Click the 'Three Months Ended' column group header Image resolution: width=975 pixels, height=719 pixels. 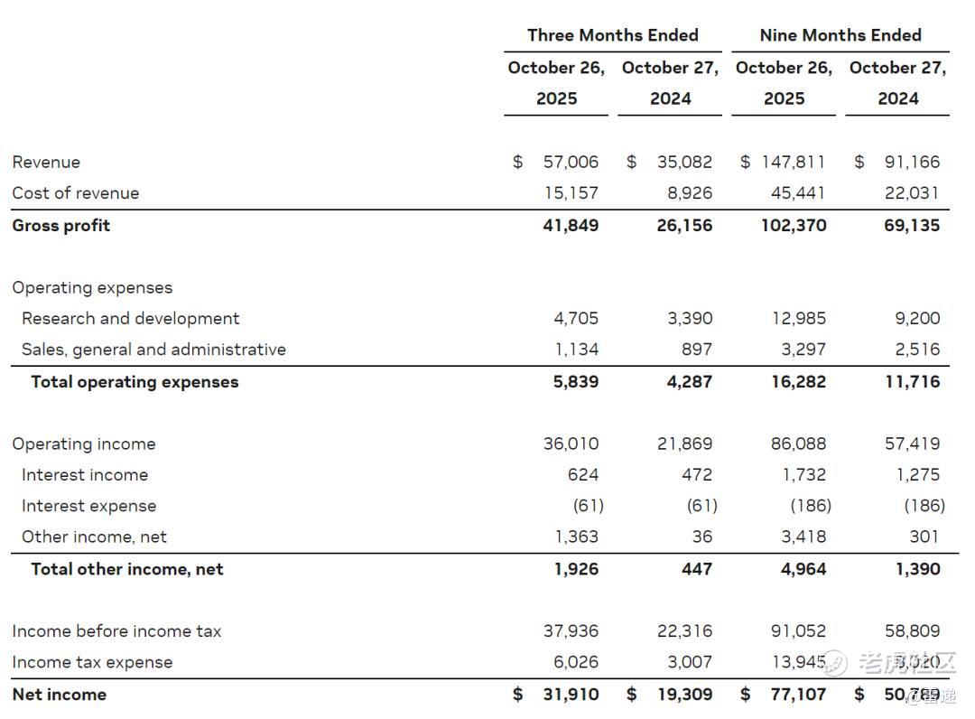pyautogui.click(x=612, y=35)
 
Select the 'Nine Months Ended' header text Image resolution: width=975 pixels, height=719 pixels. pyautogui.click(x=840, y=35)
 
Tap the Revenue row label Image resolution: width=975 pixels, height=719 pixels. pyautogui.click(x=46, y=163)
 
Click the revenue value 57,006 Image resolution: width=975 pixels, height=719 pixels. pyautogui.click(x=571, y=163)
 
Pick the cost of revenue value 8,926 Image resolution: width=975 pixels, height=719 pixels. pyautogui.click(x=684, y=193)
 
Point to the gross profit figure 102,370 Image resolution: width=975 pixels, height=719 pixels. pyautogui.click(x=793, y=225)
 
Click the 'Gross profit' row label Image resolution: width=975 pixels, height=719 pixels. pyautogui.click(x=60, y=225)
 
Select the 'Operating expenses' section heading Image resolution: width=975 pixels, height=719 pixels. pyautogui.click(x=92, y=288)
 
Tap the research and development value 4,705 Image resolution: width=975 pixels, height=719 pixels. pyautogui.click(x=575, y=319)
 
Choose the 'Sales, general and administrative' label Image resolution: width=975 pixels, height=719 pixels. pyautogui.click(x=153, y=350)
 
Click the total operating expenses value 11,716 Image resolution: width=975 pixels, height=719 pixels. pyautogui.click(x=912, y=381)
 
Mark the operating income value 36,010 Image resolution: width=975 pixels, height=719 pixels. pyautogui.click(x=571, y=444)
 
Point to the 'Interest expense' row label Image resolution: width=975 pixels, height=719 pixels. pyautogui.click(x=88, y=506)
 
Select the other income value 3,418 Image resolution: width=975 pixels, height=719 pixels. pyautogui.click(x=803, y=537)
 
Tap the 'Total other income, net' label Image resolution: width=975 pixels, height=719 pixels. pyautogui.click(x=126, y=569)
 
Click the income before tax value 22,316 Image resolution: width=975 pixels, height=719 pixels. pyautogui.click(x=684, y=631)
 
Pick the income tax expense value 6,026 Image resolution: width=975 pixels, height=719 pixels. pyautogui.click(x=575, y=662)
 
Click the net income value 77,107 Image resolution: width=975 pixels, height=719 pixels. pyautogui.click(x=798, y=695)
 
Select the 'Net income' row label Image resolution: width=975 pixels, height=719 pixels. pyautogui.click(x=59, y=695)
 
